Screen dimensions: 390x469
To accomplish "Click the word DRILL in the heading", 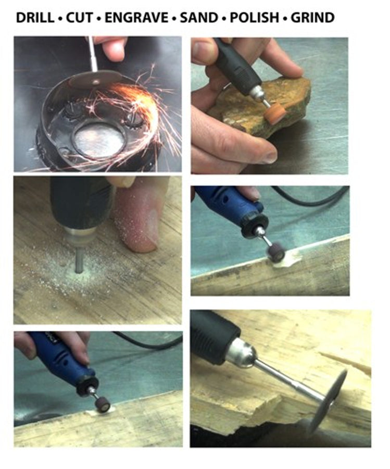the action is coord(35,18).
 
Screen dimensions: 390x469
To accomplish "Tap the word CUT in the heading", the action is coord(80,18).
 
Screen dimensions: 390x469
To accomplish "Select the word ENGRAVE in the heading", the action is coord(136,18).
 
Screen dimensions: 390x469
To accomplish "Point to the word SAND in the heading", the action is coord(199,18).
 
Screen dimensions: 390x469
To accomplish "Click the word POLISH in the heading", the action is coord(254,18).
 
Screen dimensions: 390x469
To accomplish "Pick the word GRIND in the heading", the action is coord(312,18).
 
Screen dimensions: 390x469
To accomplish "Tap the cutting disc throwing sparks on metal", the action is coord(95,79).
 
